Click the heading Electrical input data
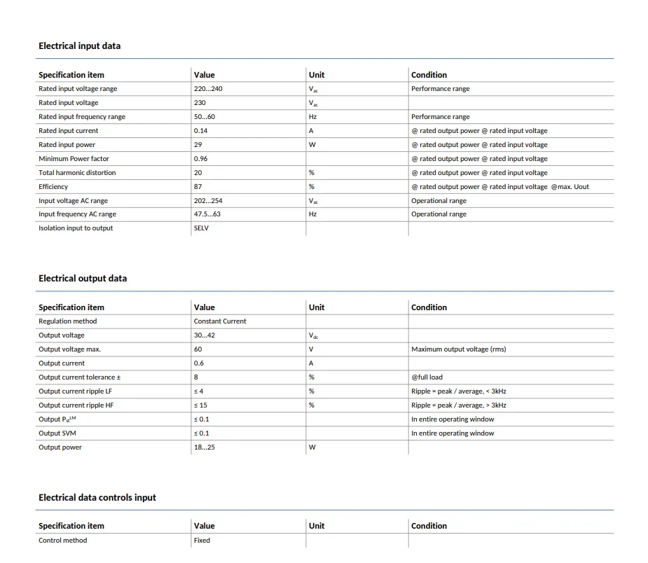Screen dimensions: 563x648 (79, 46)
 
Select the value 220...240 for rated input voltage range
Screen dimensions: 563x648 (208, 89)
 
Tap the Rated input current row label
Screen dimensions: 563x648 (68, 131)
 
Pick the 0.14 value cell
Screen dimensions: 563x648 (200, 131)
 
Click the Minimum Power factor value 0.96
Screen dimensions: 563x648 (200, 159)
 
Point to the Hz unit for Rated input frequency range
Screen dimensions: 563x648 (312, 117)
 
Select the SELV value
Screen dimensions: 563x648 (201, 228)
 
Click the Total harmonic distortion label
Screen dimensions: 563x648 (77, 173)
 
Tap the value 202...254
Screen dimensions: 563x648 (208, 201)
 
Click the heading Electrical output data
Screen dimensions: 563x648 (83, 279)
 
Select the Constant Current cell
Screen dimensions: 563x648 (220, 321)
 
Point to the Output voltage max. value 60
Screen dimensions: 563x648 (198, 349)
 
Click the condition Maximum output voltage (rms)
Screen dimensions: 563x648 (458, 349)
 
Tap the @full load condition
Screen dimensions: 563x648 (427, 377)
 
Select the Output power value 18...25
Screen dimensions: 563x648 (205, 447)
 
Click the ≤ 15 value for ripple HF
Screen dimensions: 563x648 (200, 405)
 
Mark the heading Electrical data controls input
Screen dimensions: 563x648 (97, 498)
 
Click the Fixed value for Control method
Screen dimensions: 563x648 (202, 541)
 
